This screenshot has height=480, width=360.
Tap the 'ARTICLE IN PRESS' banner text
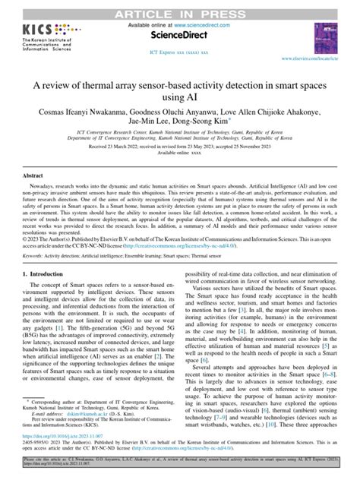(180, 8)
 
